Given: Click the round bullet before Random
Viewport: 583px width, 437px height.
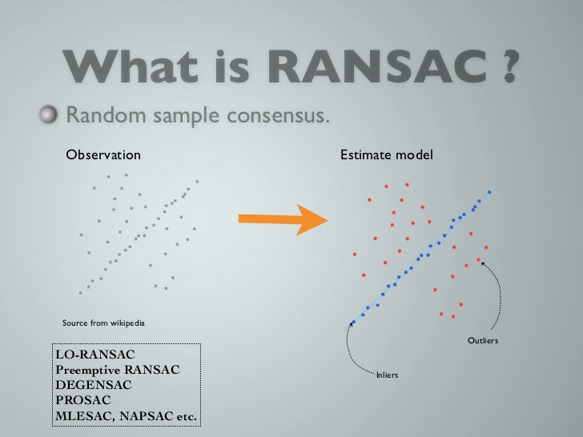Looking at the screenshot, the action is [x=49, y=114].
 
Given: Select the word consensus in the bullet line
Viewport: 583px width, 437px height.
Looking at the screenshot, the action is [x=278, y=115].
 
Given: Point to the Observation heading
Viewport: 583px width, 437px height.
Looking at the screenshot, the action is [x=103, y=154].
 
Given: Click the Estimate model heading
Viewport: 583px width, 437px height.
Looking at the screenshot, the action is [x=387, y=154].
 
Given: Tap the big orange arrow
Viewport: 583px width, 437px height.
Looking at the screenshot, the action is [x=283, y=219].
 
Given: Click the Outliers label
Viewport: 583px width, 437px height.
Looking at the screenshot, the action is [x=483, y=340].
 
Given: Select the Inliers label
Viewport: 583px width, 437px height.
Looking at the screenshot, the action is [x=387, y=375].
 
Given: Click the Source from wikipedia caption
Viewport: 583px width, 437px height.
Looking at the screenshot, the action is [x=103, y=323].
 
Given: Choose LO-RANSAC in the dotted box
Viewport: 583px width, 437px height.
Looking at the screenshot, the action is [x=95, y=355].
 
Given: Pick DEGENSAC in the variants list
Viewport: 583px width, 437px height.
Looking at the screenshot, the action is [x=94, y=385].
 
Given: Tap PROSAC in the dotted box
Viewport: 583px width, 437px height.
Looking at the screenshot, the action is [x=83, y=400].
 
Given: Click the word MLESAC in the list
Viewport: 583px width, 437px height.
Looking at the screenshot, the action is [x=84, y=416].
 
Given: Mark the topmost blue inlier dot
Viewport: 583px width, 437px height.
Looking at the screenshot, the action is [x=489, y=192].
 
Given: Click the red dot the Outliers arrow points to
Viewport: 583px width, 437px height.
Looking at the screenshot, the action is [x=478, y=260].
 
